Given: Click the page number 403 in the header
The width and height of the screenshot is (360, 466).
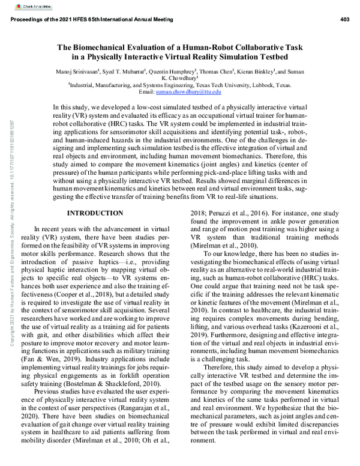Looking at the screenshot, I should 344,20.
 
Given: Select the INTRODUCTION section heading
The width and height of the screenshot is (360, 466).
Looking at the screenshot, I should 95,213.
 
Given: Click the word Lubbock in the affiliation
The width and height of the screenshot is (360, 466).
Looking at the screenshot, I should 257,85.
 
